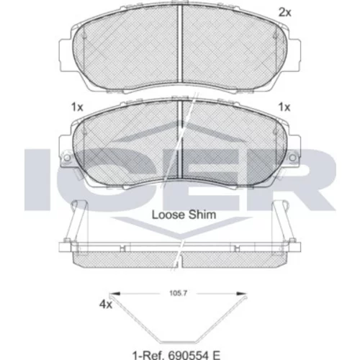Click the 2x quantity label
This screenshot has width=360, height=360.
pos(284,12)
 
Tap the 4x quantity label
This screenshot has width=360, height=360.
pos(106,305)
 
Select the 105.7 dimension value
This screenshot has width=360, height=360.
pos(178,293)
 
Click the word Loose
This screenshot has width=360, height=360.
pos(168,215)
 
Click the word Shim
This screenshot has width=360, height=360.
pos(202,215)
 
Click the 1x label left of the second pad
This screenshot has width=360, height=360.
pos(77,107)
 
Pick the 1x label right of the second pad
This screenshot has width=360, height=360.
pos(284,107)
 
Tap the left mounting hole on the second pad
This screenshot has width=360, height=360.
pos(68,158)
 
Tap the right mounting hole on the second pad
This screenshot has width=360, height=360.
pos(293,158)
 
